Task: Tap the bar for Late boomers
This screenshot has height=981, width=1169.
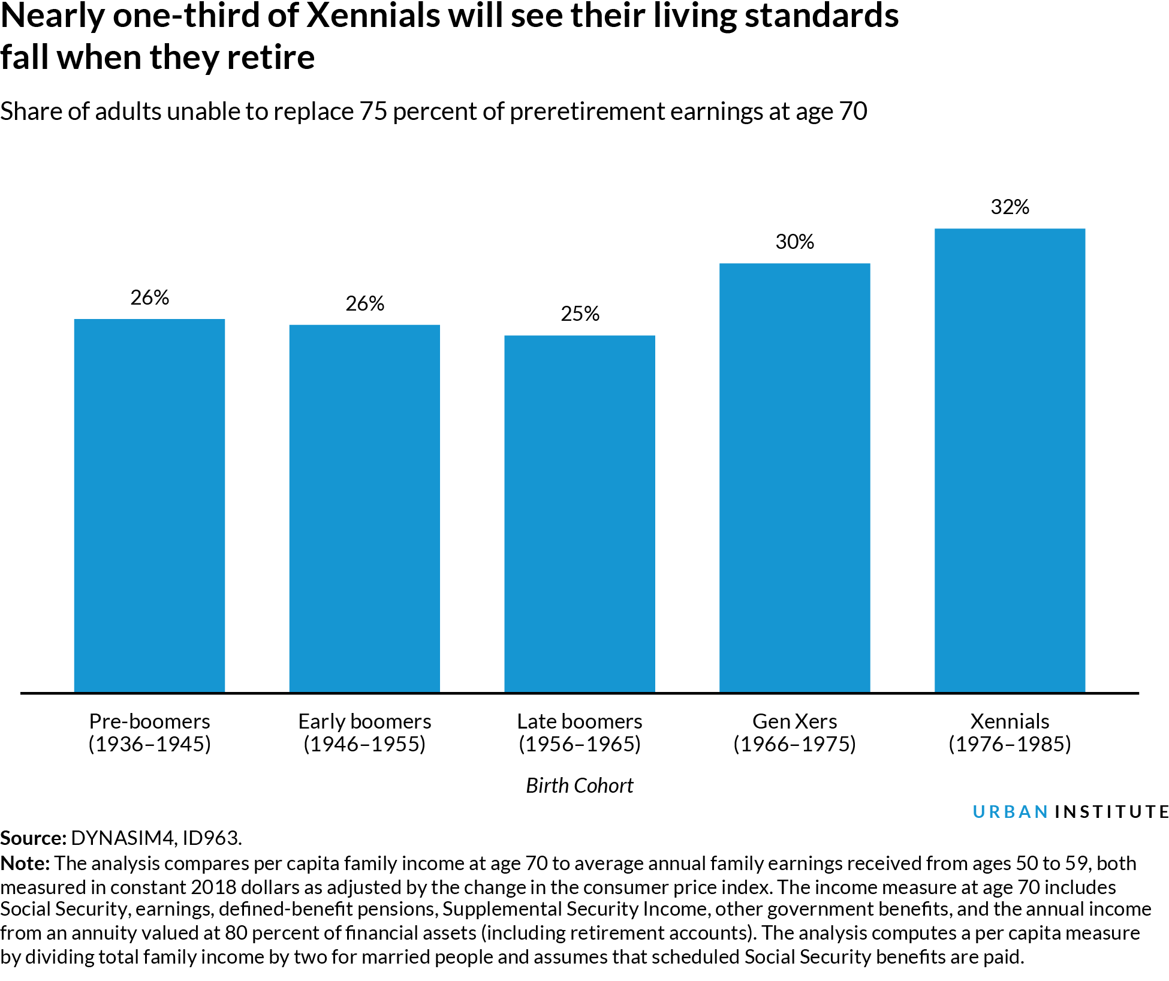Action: point(579,514)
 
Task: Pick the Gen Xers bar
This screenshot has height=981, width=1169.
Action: point(794,478)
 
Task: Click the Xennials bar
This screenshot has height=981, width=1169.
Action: point(1010,461)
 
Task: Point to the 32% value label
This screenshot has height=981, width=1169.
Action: point(1010,207)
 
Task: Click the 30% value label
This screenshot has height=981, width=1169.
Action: point(794,242)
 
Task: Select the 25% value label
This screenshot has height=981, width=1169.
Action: point(579,314)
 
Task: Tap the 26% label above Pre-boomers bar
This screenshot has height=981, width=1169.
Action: point(149,298)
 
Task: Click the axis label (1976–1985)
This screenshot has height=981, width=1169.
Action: point(1010,744)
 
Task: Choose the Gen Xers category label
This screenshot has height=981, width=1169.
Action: point(794,721)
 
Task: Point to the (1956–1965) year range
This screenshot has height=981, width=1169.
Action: point(579,744)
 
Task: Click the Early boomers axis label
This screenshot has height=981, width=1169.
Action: point(364,721)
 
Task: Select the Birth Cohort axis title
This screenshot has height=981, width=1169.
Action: point(579,786)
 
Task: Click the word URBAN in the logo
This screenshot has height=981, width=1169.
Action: point(1010,812)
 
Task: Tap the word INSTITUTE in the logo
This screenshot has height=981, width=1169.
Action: point(1111,812)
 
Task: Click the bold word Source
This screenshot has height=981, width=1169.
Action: point(32,838)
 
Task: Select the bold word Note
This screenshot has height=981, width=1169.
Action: point(25,863)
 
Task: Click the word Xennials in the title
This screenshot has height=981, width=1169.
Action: point(372,16)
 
